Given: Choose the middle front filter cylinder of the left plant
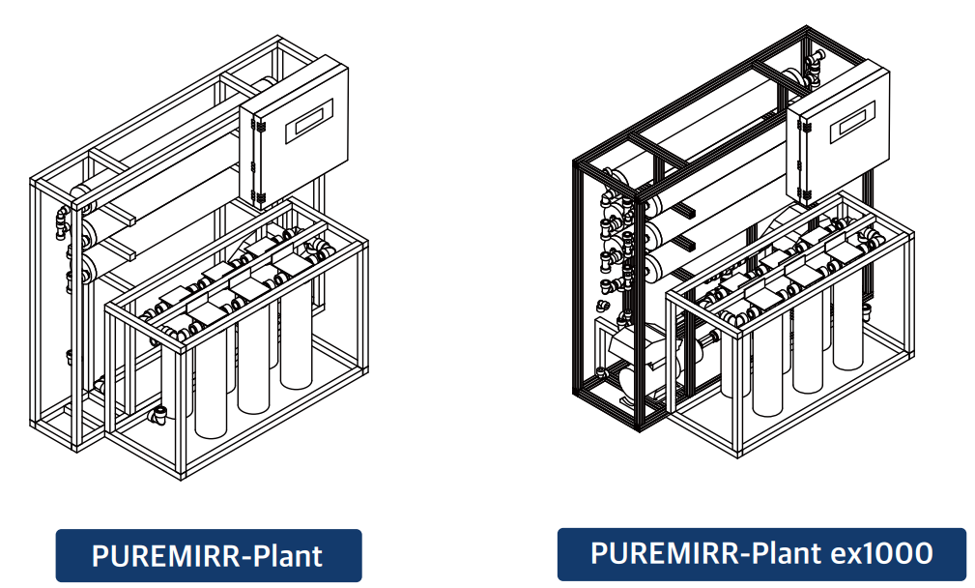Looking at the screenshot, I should (252, 363).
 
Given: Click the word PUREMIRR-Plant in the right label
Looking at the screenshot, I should (704, 553).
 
